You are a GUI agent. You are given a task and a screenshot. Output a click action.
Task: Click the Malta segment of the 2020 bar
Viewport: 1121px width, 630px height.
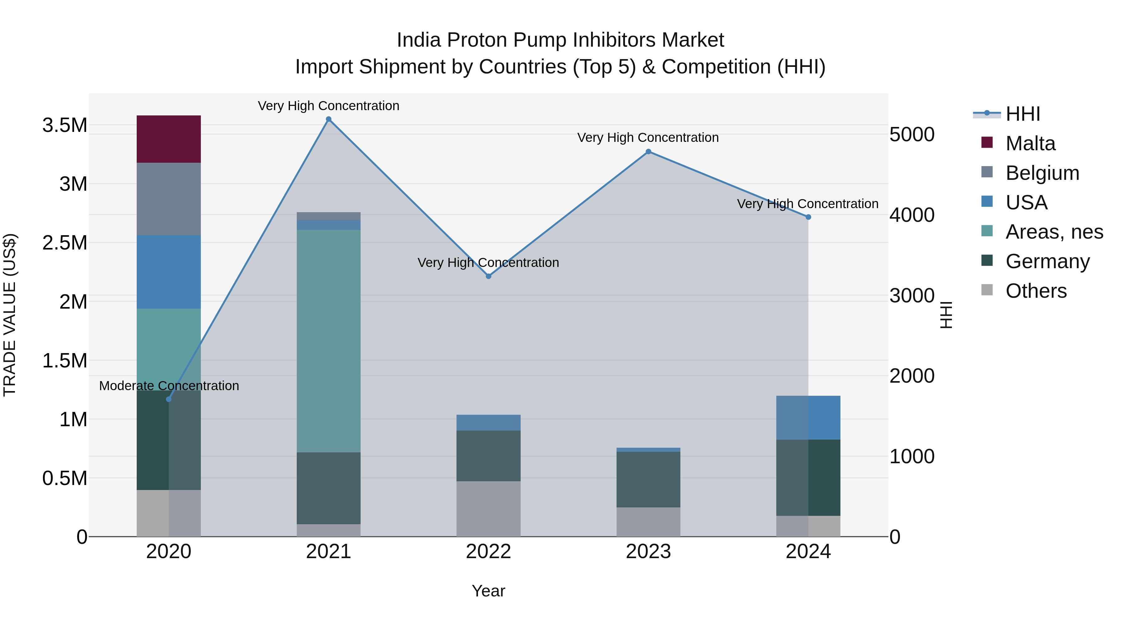click(168, 139)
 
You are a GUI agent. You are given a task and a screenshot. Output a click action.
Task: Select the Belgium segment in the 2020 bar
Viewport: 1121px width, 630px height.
click(168, 199)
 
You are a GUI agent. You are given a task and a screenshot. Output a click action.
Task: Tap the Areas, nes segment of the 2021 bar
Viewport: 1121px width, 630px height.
click(329, 341)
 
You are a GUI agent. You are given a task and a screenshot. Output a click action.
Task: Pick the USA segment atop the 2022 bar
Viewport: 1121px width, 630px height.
click(488, 422)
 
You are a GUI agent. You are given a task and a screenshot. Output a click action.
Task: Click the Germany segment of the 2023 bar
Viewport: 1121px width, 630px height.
click(648, 479)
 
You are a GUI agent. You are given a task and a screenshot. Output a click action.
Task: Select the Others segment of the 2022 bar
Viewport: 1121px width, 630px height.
click(488, 509)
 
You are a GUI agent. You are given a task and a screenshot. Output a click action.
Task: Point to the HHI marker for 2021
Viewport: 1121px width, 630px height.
click(329, 119)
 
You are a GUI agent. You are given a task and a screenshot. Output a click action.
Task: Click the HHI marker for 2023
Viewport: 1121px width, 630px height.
click(648, 151)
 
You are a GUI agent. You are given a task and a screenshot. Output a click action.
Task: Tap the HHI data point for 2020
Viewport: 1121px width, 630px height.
click(169, 399)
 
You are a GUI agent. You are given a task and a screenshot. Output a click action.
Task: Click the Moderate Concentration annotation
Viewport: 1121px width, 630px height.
click(169, 386)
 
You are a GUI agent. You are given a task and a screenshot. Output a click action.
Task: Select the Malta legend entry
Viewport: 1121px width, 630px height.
click(1030, 143)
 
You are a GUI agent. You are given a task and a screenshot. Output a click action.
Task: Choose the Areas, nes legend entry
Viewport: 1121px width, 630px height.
click(1054, 232)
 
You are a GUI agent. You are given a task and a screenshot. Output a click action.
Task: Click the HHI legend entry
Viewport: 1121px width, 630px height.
click(1023, 114)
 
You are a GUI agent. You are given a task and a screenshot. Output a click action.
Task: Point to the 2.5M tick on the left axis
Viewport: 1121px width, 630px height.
click(65, 243)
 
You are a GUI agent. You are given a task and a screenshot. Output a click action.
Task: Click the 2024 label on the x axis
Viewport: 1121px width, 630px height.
click(808, 552)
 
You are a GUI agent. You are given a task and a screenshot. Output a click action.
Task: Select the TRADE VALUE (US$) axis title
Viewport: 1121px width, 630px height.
click(10, 315)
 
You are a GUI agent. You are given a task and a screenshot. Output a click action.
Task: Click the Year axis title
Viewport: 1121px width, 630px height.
click(488, 591)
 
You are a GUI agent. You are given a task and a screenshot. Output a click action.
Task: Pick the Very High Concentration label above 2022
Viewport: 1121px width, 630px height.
click(488, 263)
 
